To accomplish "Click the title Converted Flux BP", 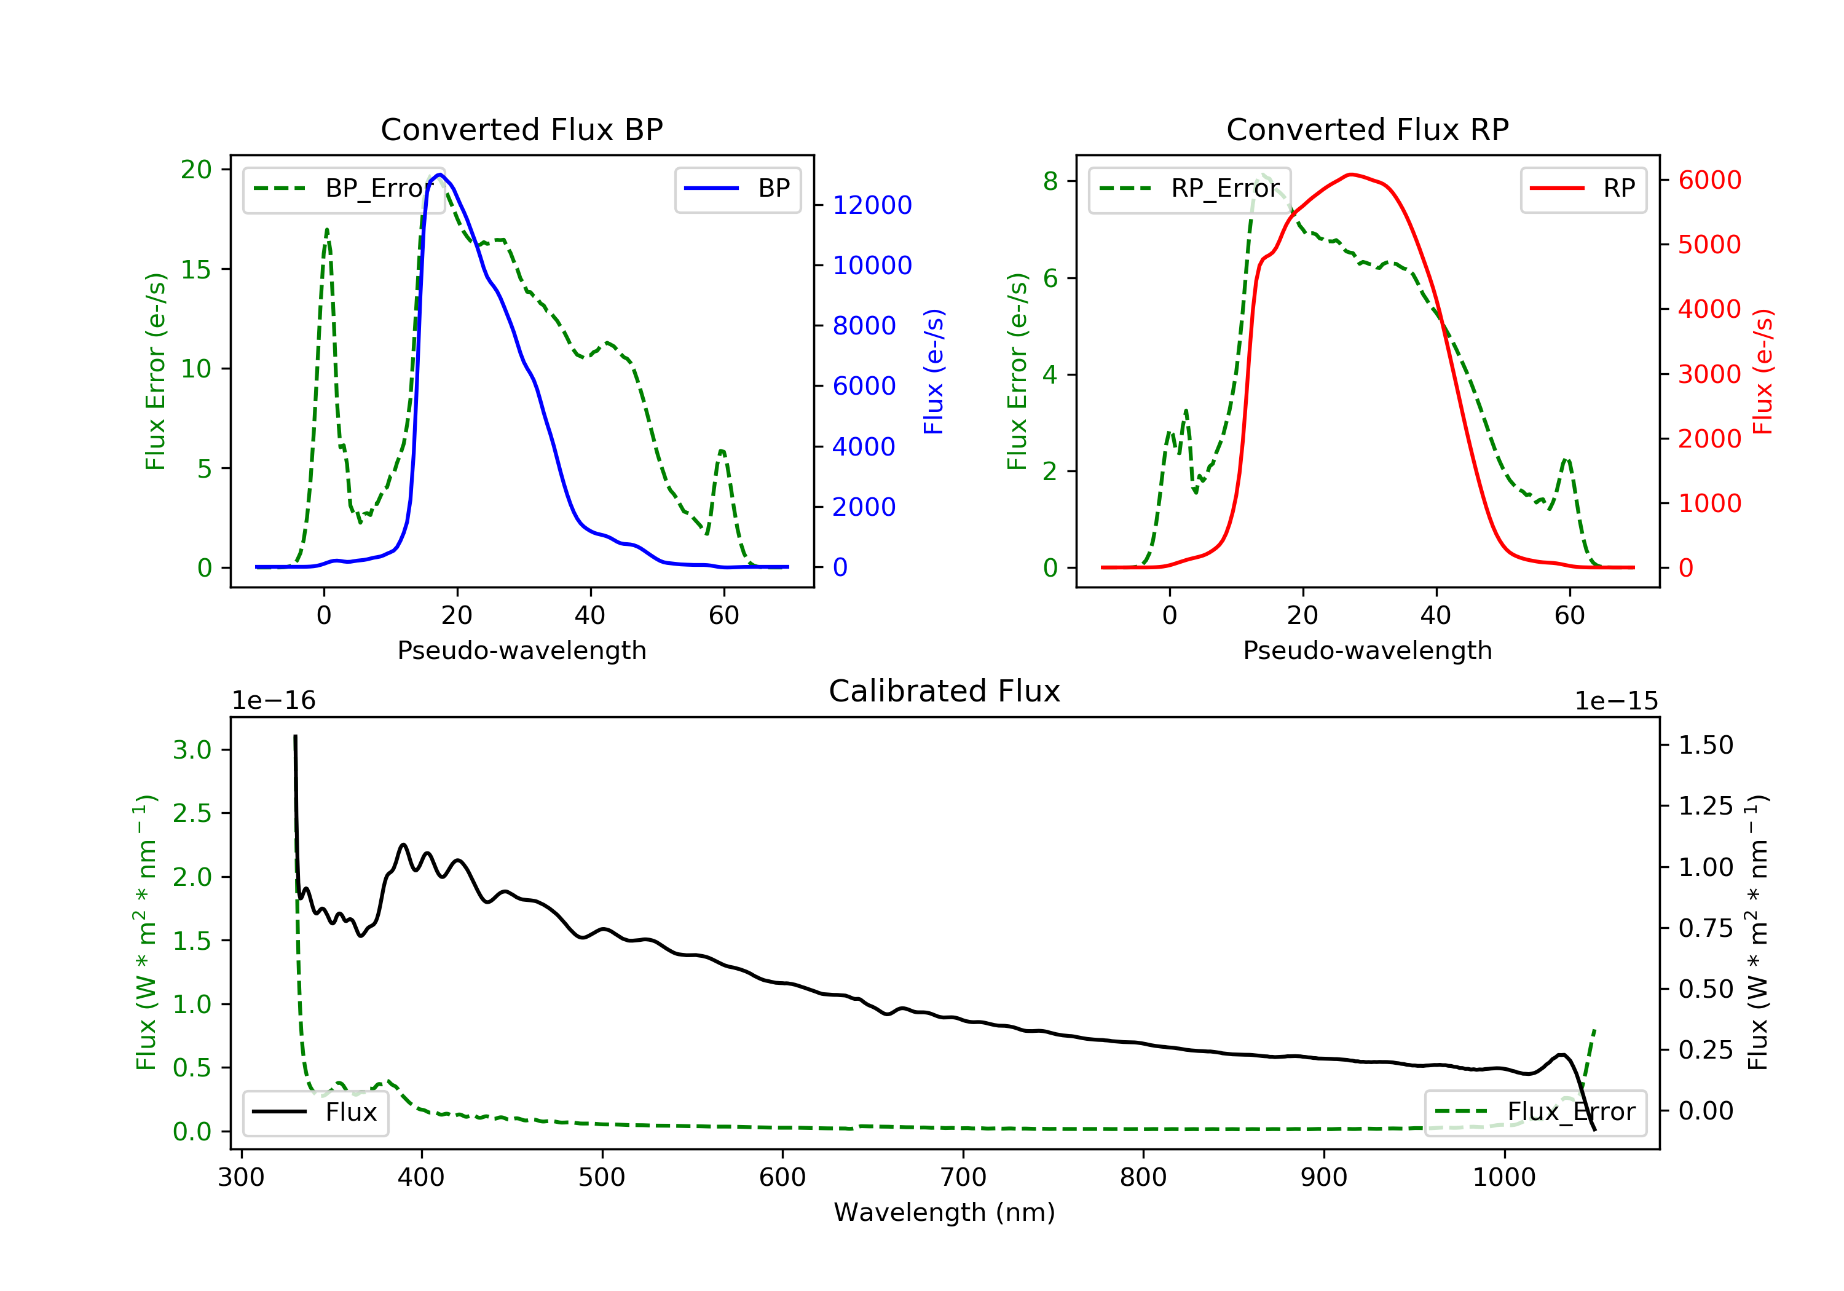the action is pyautogui.click(x=521, y=129).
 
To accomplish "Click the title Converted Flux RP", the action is pyautogui.click(x=1367, y=129).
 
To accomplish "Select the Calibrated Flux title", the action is pyautogui.click(x=945, y=691).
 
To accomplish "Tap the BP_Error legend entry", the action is pyautogui.click(x=344, y=188).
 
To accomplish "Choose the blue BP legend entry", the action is pyautogui.click(x=737, y=188).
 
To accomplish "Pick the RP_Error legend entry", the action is pyautogui.click(x=1189, y=188).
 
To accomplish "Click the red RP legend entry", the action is pyautogui.click(x=1583, y=188).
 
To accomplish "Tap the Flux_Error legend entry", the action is pyautogui.click(x=1535, y=1112).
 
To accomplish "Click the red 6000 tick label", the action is pyautogui.click(x=1710, y=180).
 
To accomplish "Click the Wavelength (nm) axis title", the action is pyautogui.click(x=945, y=1212).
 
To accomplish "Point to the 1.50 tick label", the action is pyautogui.click(x=1706, y=744).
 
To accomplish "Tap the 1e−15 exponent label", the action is pyautogui.click(x=1616, y=701).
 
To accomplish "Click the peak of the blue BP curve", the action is pyautogui.click(x=440, y=175).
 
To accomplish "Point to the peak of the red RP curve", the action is pyautogui.click(x=1352, y=175).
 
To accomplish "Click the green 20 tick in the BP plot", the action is pyautogui.click(x=196, y=170).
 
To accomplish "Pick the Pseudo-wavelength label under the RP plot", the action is pyautogui.click(x=1367, y=650).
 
